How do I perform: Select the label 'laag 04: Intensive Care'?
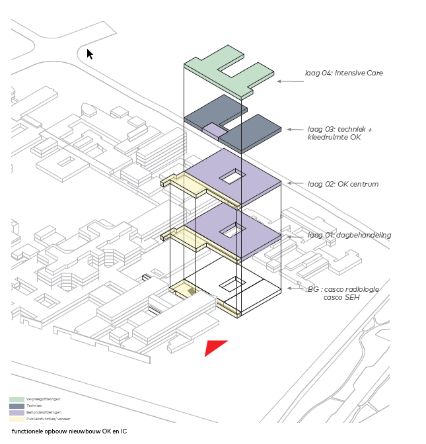click(343, 73)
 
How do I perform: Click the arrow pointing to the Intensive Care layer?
click(289, 81)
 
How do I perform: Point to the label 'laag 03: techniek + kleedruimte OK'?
click(339, 133)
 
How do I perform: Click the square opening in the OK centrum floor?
click(232, 176)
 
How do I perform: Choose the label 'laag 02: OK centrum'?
click(343, 184)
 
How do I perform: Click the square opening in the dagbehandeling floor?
click(232, 230)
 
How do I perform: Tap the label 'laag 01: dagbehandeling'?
click(349, 235)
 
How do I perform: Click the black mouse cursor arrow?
click(90, 54)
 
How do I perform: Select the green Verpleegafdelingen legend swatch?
click(17, 400)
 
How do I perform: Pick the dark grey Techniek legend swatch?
click(17, 406)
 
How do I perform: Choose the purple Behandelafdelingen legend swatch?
click(17, 412)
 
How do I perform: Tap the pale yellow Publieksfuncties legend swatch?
click(17, 419)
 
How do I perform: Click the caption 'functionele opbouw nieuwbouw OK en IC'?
click(69, 431)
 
